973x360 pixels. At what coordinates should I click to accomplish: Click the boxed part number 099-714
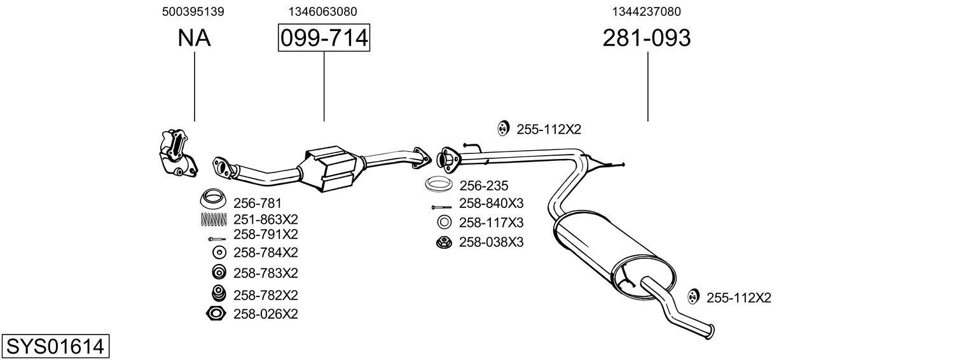pos(324,38)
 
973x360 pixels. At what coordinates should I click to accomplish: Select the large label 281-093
pos(646,38)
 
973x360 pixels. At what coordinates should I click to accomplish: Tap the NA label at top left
pos(194,38)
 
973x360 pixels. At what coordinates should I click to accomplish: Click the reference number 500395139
pos(193,11)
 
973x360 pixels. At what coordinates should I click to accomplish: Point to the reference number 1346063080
pos(322,11)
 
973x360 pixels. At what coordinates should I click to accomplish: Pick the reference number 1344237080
pos(647,11)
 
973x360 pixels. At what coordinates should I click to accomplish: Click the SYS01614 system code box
pos(55,347)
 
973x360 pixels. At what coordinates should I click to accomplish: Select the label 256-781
pos(257,204)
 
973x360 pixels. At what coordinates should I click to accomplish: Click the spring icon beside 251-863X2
pos(214,219)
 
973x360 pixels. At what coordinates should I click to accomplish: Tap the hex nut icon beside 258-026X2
pos(216,314)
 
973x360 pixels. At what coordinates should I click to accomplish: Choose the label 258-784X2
pos(265,253)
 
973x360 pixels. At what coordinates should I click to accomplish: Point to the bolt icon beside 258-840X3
pos(441,207)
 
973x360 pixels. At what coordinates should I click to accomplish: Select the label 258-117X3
pos(491,223)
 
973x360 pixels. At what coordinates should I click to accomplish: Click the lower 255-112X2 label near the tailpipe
pos(738,298)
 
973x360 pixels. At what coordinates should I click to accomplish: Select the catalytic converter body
pos(332,169)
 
